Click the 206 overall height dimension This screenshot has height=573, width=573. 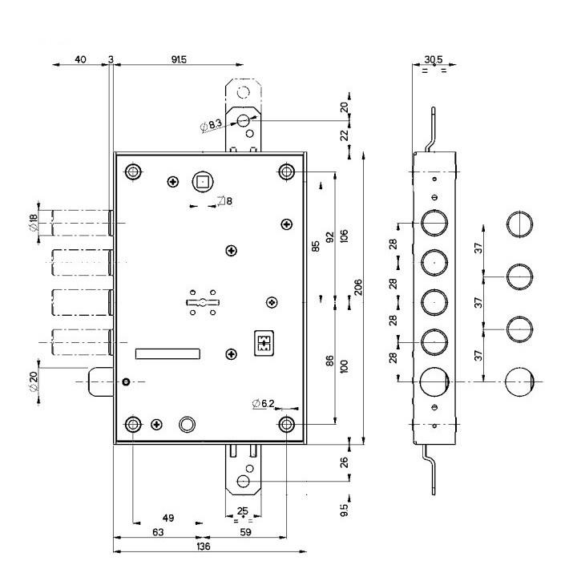tap(359, 286)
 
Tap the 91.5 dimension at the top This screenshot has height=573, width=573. tap(179, 59)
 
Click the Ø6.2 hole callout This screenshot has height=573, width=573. tap(263, 403)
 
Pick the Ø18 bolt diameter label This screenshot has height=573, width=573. tap(34, 222)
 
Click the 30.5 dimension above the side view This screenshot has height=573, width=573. tap(433, 59)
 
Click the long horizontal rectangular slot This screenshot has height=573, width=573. tap(169, 353)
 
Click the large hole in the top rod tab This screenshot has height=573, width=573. tap(243, 120)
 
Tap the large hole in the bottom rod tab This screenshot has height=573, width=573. tap(242, 482)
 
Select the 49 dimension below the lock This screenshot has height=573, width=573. tap(167, 518)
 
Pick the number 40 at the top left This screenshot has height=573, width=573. tap(80, 59)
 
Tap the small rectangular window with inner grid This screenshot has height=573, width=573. tap(263, 342)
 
